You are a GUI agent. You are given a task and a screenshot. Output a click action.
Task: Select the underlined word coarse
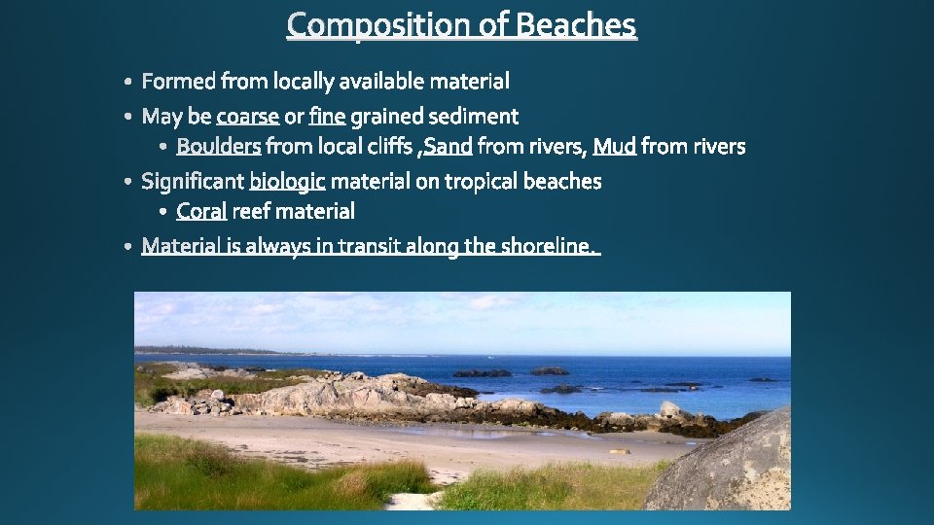point(247,117)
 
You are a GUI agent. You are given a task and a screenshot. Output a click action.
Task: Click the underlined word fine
point(327,117)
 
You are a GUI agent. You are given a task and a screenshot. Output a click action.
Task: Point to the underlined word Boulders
point(219,147)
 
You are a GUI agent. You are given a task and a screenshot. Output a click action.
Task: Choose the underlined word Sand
point(449,147)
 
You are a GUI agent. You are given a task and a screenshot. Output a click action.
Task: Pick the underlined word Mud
point(615,147)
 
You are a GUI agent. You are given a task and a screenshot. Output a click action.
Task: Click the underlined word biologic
point(287,182)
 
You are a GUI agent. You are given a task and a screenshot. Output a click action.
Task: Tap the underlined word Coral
point(201,211)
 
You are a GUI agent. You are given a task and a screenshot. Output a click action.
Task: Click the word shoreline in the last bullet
point(544,247)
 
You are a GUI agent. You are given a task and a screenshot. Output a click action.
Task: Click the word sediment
point(474,117)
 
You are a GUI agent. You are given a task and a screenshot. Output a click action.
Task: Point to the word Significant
point(193,182)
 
